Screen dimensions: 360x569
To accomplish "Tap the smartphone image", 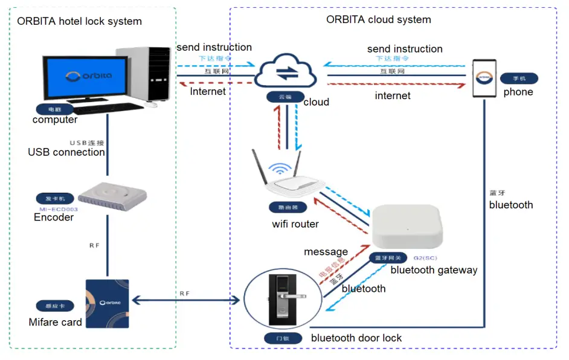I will (x=484, y=78).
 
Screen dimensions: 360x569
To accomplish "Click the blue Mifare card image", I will (x=108, y=303).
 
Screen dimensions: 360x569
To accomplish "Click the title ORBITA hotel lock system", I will (x=79, y=21).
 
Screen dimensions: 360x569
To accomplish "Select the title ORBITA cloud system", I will (x=379, y=19).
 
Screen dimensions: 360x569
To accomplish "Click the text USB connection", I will (x=66, y=152).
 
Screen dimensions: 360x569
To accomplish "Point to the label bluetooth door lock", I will (x=356, y=338).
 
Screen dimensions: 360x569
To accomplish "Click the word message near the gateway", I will (x=326, y=251).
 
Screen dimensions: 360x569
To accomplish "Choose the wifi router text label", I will (x=295, y=224).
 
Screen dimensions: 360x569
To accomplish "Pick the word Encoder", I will (x=54, y=217).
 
